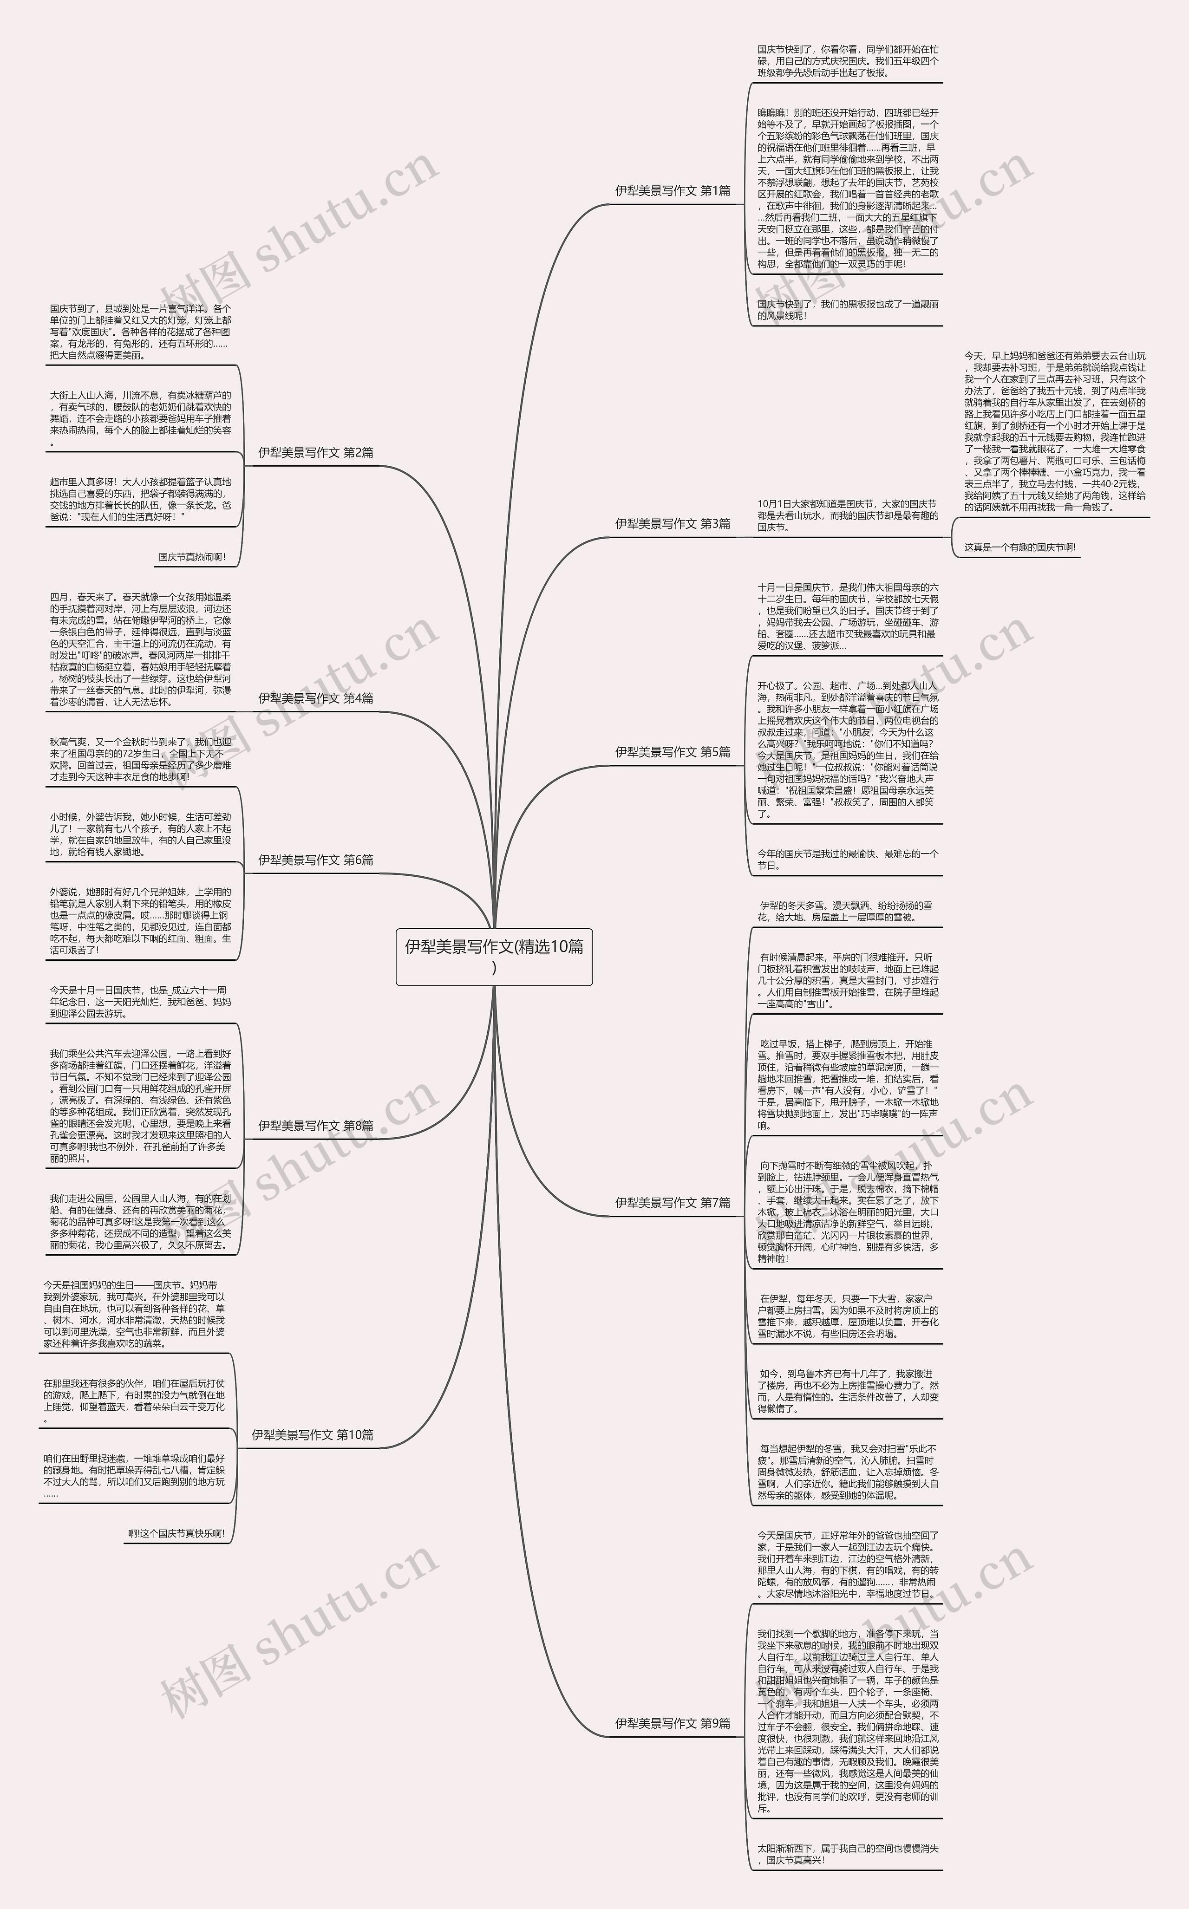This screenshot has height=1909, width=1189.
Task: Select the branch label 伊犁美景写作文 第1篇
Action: (x=673, y=190)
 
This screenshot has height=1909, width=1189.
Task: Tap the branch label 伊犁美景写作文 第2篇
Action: (x=316, y=452)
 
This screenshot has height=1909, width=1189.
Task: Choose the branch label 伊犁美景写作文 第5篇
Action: (x=673, y=752)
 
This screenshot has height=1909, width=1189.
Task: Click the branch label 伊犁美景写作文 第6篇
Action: (x=316, y=860)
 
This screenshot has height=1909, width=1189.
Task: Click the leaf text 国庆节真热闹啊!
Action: (x=192, y=557)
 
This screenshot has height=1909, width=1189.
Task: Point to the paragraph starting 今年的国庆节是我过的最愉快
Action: (x=847, y=860)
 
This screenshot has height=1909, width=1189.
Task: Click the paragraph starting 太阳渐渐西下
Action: (x=847, y=1870)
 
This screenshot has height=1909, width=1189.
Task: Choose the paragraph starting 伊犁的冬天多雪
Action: (x=847, y=911)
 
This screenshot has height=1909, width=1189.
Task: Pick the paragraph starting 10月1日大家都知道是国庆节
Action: (x=847, y=516)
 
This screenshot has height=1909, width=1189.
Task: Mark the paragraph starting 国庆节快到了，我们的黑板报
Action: (x=847, y=310)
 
